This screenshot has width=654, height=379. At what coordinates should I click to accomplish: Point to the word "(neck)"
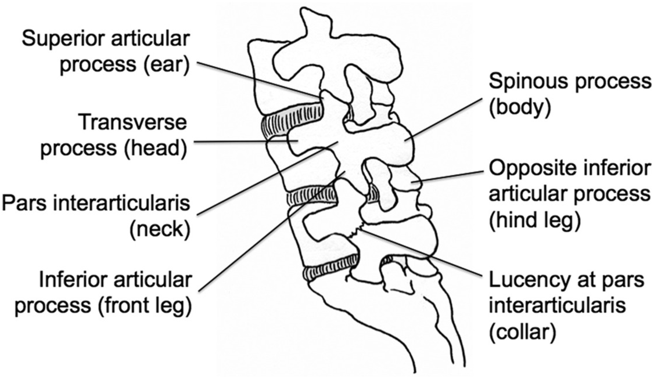(159, 230)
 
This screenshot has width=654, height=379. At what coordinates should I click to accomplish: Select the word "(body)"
(519, 107)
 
